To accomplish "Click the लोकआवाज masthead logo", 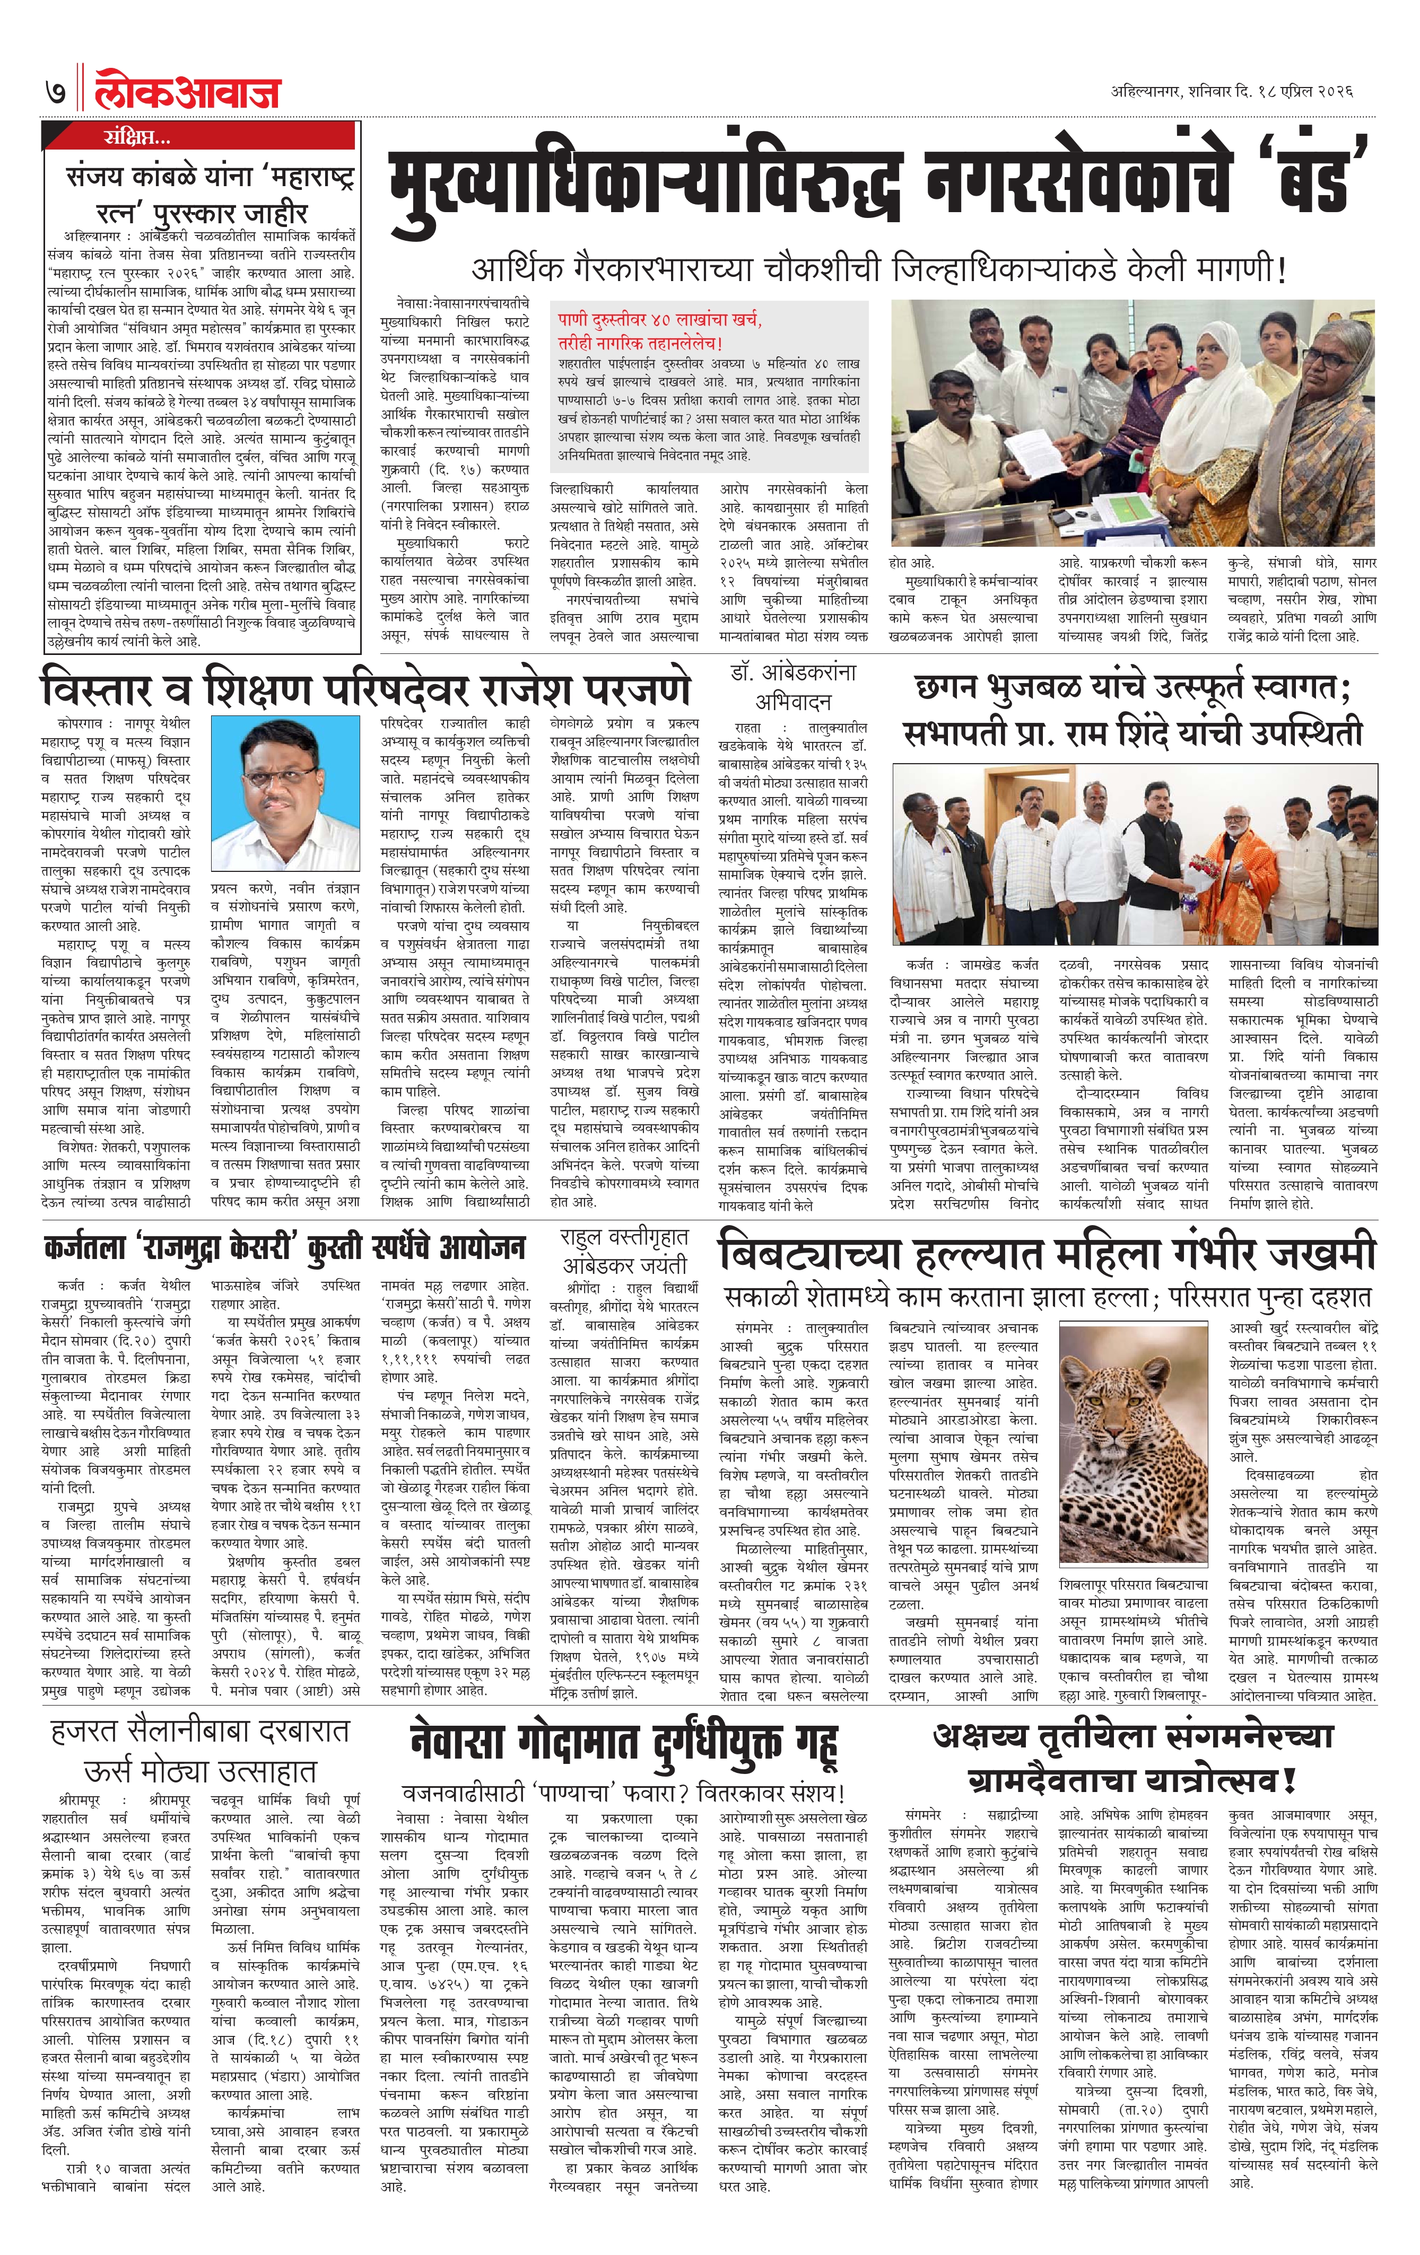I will pyautogui.click(x=187, y=92).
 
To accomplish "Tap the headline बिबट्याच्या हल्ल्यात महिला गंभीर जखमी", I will pyautogui.click(x=1046, y=1254).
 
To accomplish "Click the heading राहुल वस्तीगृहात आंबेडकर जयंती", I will pyautogui.click(x=624, y=1250).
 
